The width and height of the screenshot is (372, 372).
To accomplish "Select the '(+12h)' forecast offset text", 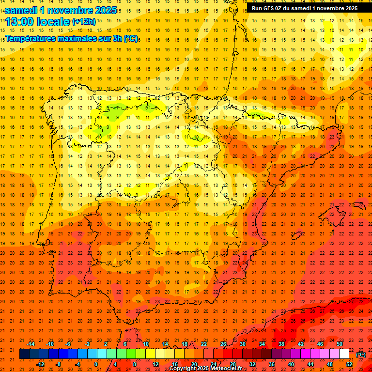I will [x=83, y=21].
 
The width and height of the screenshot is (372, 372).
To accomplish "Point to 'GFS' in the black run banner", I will [x=269, y=8].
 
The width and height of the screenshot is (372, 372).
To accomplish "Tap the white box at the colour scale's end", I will [x=344, y=354].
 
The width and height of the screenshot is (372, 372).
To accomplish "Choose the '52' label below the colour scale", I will [x=349, y=364].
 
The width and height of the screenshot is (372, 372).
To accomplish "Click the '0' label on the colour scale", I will [x=96, y=364].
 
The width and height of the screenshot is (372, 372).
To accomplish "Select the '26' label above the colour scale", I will [x=223, y=344].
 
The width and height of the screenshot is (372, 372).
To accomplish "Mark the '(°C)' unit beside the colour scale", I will [x=361, y=355].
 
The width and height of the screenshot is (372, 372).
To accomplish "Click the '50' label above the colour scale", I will [x=340, y=344].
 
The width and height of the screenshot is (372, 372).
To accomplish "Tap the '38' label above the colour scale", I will [x=281, y=344].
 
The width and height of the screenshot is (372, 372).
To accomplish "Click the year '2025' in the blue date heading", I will [x=103, y=10].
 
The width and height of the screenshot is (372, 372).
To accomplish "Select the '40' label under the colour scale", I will [x=291, y=364].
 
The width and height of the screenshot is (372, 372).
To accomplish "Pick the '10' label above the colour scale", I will [x=146, y=344].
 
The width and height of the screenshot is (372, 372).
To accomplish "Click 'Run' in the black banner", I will [x=257, y=8].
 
